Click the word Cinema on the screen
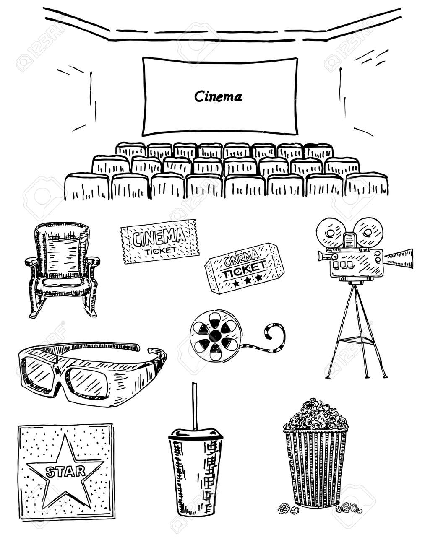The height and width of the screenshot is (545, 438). (218, 97)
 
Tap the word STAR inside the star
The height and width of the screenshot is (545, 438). (65, 472)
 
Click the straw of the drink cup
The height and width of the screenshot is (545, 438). (195, 406)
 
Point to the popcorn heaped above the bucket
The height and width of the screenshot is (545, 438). (315, 415)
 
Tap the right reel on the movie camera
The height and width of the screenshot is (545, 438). (368, 232)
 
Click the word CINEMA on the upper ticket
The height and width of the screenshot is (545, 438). (159, 238)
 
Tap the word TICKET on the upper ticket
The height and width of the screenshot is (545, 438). (160, 251)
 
